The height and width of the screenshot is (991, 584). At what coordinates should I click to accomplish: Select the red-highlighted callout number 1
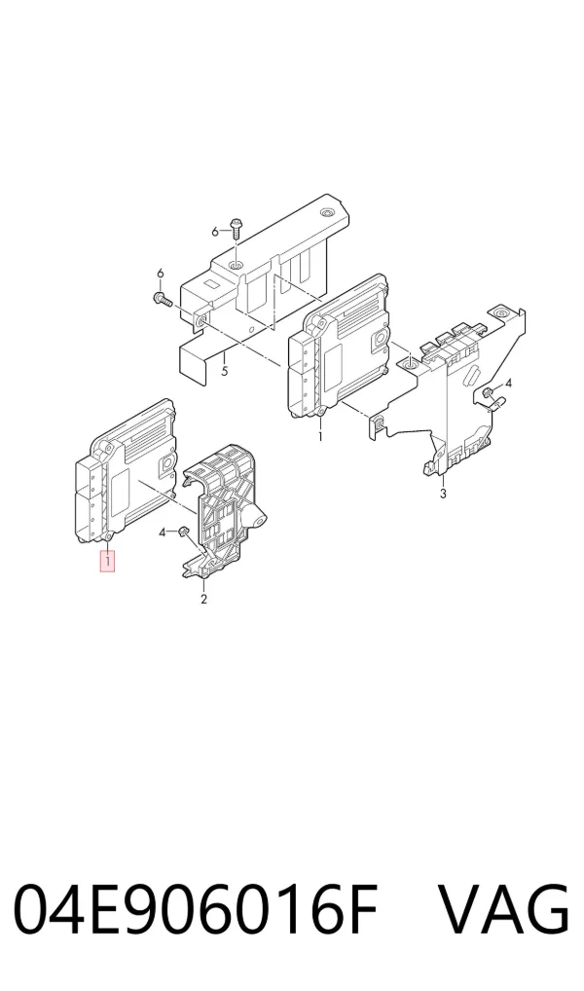108,560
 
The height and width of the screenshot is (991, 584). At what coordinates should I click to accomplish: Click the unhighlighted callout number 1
320,436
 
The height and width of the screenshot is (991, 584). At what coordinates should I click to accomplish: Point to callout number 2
203,599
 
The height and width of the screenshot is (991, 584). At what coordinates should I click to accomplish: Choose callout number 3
443,494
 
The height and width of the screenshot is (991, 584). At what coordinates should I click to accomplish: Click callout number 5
225,371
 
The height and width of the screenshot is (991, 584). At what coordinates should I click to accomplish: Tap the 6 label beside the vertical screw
215,232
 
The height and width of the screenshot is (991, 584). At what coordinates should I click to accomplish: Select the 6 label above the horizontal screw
160,273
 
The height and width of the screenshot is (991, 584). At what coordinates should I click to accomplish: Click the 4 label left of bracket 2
162,532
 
